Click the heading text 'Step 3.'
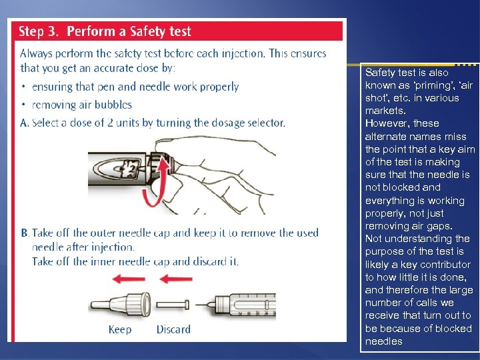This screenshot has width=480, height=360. point(38,31)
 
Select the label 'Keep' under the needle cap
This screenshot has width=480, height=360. point(120,329)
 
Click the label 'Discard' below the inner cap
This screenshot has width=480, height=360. point(173,329)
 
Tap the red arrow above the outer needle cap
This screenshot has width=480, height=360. point(129,279)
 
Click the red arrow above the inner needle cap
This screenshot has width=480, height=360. point(176,279)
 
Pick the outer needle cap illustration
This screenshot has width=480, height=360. point(121,304)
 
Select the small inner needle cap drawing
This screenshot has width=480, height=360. point(173,305)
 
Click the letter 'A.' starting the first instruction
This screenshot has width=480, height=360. point(25,123)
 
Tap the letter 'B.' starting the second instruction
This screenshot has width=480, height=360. point(25,233)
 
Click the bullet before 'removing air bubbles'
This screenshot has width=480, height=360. point(23,105)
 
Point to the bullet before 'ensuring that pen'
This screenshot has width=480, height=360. point(23,86)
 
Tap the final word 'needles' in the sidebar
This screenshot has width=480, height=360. point(384,341)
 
